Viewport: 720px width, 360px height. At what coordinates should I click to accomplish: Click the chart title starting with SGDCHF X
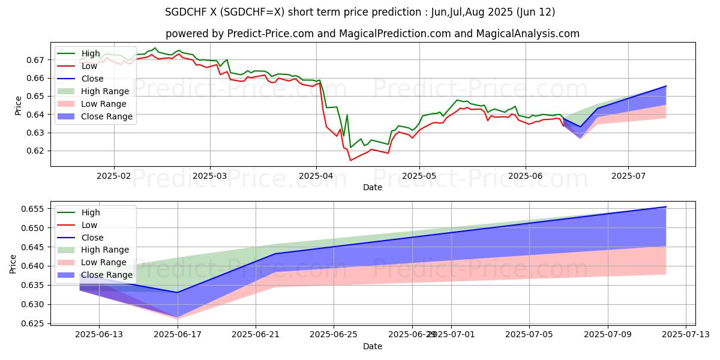click(x=359, y=12)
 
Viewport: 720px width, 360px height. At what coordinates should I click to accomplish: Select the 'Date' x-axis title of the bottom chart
click(x=373, y=347)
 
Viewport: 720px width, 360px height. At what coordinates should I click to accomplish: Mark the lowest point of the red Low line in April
click(x=351, y=160)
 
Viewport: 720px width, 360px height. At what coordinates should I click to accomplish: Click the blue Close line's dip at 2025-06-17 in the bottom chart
click(x=177, y=292)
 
